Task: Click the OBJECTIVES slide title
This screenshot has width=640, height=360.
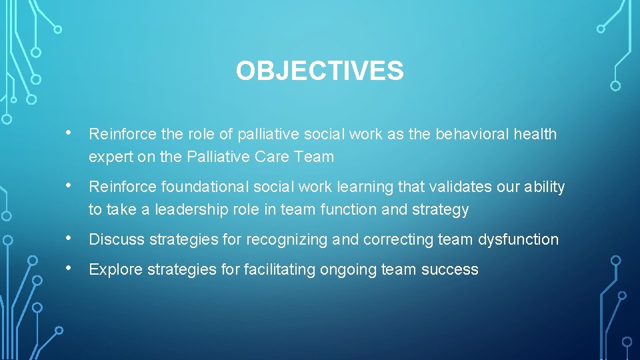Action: coord(319,71)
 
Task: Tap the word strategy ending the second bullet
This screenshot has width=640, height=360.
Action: coord(439,210)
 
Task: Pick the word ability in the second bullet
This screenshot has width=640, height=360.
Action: coord(544,187)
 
